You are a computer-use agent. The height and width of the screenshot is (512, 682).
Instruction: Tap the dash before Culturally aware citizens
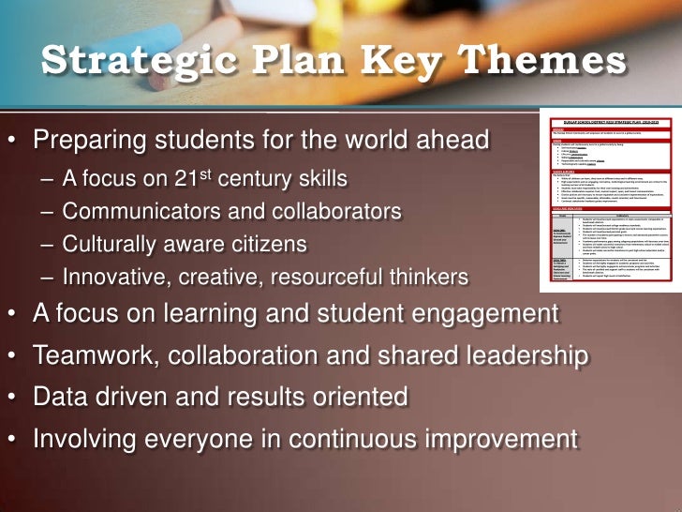[48, 245]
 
